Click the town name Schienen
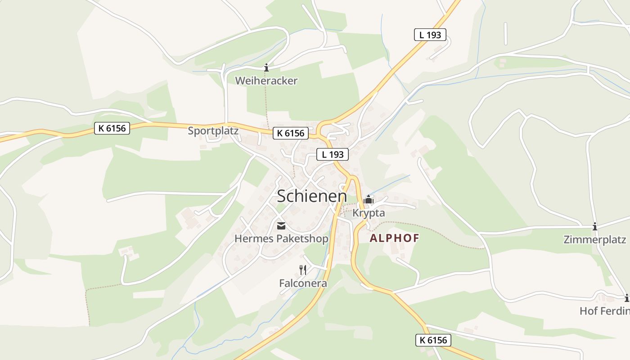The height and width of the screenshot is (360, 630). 312,197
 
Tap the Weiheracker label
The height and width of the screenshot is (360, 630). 266,81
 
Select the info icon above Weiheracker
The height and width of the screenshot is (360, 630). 266,68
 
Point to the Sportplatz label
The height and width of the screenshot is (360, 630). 213,131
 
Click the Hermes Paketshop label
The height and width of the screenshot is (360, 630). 281,238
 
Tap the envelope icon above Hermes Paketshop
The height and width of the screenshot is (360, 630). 281,226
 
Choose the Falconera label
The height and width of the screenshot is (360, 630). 303,283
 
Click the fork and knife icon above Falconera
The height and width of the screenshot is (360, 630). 303,270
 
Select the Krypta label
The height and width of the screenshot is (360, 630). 369,213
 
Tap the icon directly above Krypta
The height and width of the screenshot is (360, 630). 369,199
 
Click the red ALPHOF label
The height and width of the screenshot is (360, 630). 394,238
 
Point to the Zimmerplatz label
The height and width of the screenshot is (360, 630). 595,239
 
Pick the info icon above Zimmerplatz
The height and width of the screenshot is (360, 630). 595,226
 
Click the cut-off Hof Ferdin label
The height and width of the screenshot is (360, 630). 604,311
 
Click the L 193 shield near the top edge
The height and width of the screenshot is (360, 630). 430,35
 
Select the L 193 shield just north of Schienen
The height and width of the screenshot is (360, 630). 333,154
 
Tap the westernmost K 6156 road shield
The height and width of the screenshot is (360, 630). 112,128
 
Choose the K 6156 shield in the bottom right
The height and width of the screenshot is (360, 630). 433,340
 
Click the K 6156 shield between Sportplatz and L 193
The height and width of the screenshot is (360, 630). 290,133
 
